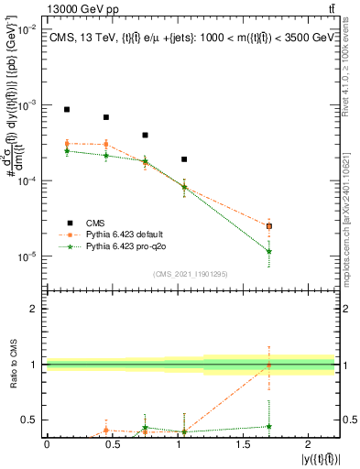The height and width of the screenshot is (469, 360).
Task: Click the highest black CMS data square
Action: (x=67, y=109)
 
